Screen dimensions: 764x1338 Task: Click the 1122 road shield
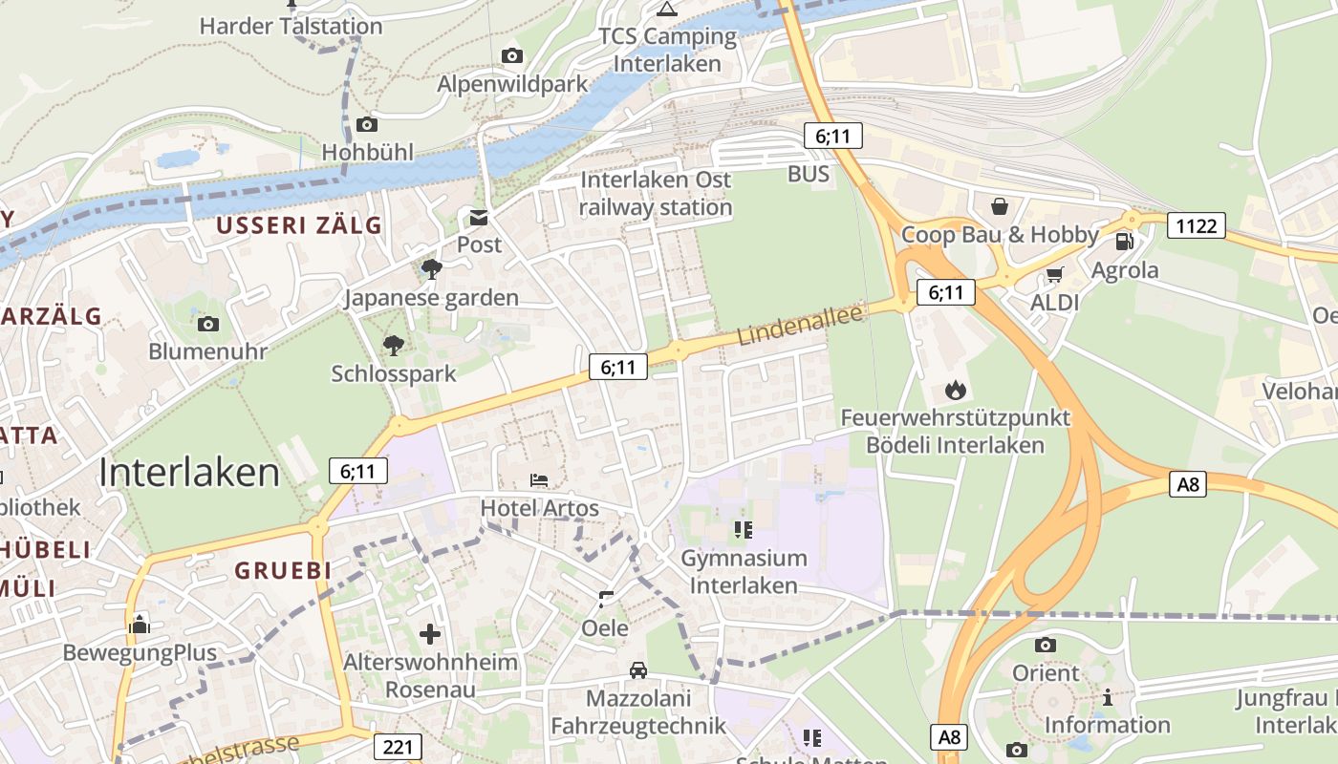coord(1197,225)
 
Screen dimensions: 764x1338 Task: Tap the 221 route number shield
coord(398,746)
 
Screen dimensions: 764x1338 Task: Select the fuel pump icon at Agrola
coord(1125,242)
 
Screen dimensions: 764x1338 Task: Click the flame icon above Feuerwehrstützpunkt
coord(955,390)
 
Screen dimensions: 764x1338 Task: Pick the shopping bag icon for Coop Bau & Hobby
coord(1000,206)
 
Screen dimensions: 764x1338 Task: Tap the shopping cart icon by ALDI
coord(1054,275)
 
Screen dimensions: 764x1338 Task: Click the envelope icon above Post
coord(478,217)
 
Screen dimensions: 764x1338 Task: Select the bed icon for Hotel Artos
coord(539,478)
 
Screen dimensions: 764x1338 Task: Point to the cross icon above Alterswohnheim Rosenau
coord(430,633)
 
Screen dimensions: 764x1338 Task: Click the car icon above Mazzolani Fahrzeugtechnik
coord(637,670)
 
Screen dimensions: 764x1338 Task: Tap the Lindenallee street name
coord(801,324)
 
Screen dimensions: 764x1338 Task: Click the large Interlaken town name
coord(189,473)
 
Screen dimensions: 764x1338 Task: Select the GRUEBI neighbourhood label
coord(283,571)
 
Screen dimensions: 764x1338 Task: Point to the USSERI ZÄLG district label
coord(298,225)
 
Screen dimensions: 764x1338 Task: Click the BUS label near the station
coord(809,174)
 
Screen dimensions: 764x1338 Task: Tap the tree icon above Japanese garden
coord(432,269)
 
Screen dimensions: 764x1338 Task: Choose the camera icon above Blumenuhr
coord(207,324)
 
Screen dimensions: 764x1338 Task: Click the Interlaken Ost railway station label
coord(656,193)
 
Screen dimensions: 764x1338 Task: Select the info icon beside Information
coord(1108,697)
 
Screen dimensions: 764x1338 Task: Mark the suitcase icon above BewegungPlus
coord(140,625)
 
